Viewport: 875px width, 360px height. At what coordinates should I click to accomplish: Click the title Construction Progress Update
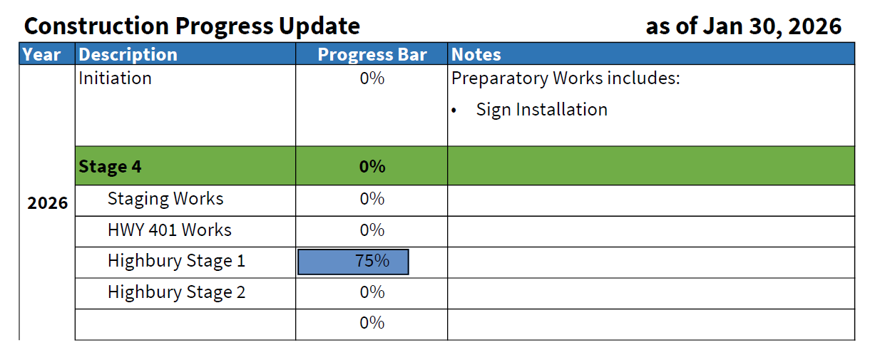point(192,26)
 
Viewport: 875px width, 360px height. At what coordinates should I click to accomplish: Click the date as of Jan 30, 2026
point(743,26)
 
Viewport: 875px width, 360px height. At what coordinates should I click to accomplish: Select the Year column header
point(41,55)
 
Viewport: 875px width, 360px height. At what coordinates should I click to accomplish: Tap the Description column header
point(128,55)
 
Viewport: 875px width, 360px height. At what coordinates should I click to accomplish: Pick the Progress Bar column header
point(372,55)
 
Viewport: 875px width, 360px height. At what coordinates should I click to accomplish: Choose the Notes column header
point(476,55)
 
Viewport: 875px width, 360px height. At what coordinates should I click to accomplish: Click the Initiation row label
point(115,78)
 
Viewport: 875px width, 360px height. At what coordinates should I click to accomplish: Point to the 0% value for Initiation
point(372,78)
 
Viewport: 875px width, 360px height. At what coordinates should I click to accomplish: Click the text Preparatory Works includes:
point(566,78)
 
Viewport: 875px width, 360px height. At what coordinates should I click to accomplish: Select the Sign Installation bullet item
point(541,110)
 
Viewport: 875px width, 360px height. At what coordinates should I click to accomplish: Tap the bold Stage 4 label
point(110,167)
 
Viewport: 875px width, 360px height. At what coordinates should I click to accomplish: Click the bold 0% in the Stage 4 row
point(372,167)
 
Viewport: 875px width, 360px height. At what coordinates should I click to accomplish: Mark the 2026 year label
point(47,203)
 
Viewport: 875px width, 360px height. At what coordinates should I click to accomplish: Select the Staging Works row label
point(165,199)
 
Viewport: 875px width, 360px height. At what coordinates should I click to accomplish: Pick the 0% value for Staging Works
point(372,199)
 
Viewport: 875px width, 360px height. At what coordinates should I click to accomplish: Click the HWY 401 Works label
point(170,230)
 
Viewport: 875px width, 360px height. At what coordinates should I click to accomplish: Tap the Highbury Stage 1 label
point(176,261)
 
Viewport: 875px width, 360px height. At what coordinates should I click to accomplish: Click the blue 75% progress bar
point(354,262)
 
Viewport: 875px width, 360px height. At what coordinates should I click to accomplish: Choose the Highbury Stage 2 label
point(176,292)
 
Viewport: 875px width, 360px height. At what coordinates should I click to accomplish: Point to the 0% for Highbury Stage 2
point(372,292)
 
